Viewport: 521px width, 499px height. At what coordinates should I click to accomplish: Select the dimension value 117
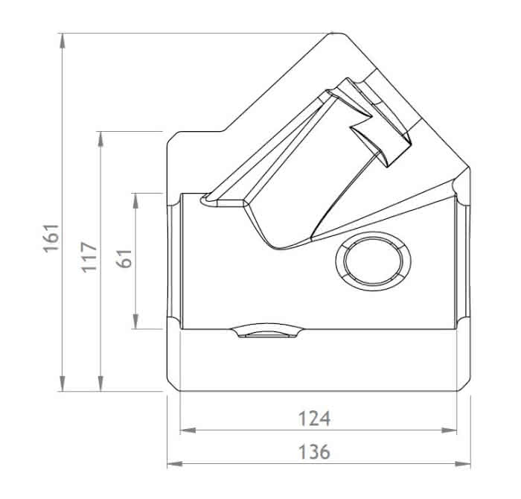pos(89,257)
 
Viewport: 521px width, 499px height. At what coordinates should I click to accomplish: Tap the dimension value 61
pos(124,258)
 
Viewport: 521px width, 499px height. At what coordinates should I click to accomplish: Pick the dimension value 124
pos(314,419)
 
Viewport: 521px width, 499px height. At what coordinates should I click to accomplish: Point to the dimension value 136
pos(314,452)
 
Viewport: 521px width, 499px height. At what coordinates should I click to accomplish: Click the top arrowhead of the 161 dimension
pos(62,41)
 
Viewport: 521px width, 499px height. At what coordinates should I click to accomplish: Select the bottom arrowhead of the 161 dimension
pos(62,384)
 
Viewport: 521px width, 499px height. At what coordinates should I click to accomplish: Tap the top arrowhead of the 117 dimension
pos(100,139)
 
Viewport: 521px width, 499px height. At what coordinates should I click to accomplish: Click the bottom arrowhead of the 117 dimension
pos(100,384)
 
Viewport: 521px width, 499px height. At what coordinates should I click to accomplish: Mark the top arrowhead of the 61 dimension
pos(135,201)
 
